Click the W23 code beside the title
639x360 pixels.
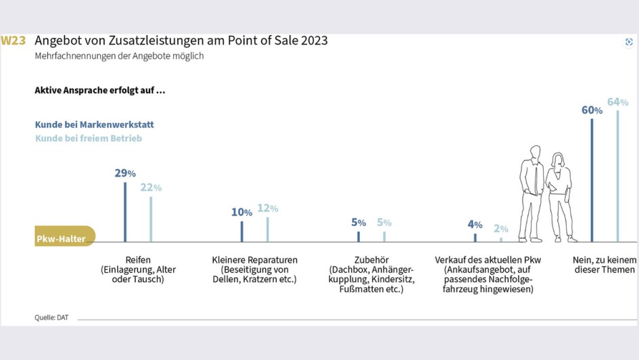[x=14, y=41]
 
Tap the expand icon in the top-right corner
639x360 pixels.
[x=629, y=42]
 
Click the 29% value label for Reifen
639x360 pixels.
[x=124, y=173]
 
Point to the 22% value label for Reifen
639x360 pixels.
[x=151, y=187]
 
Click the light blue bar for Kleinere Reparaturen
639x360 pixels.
[x=267, y=229]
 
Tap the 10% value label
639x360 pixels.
[x=241, y=212]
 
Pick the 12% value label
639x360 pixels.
[x=267, y=208]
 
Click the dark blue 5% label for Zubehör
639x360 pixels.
[x=358, y=223]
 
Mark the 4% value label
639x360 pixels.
[x=475, y=225]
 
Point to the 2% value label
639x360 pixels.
[x=501, y=229]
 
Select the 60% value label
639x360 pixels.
[x=592, y=110]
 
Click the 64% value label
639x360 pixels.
[x=617, y=102]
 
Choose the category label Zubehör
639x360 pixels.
[x=371, y=260]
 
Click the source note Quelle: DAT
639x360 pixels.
[x=51, y=317]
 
